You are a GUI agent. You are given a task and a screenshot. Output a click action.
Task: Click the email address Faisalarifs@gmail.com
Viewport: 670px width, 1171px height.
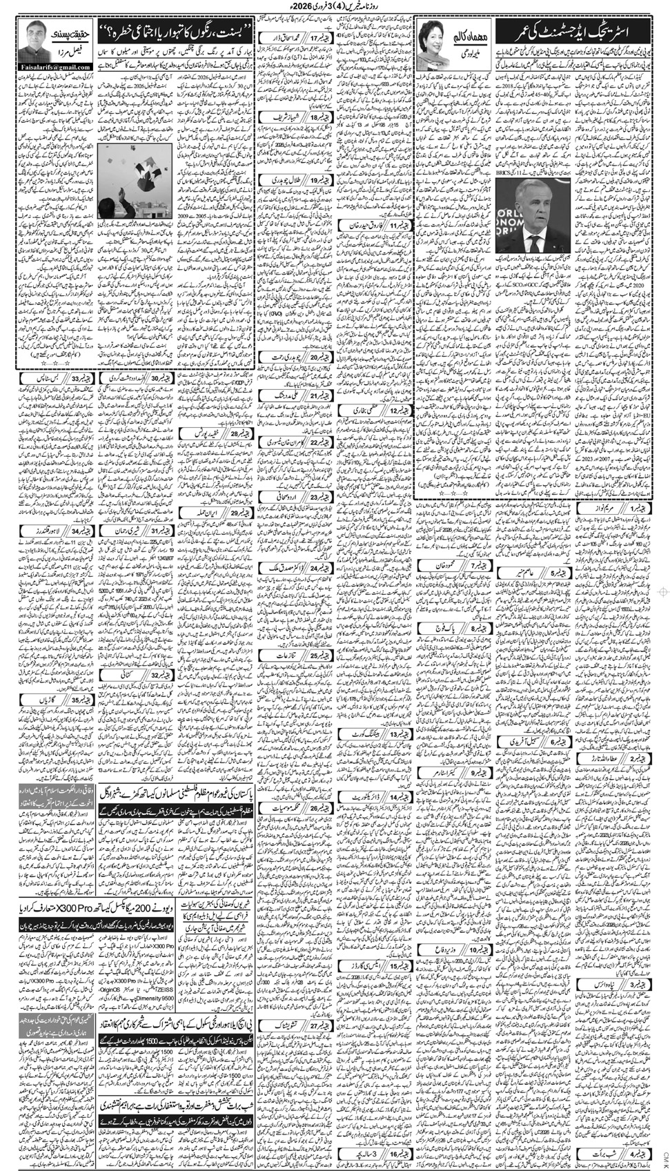click(55, 67)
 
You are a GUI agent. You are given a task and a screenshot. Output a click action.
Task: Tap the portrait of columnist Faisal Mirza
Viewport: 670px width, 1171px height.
click(32, 42)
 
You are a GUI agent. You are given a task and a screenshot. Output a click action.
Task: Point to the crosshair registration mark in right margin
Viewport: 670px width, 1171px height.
click(664, 591)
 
